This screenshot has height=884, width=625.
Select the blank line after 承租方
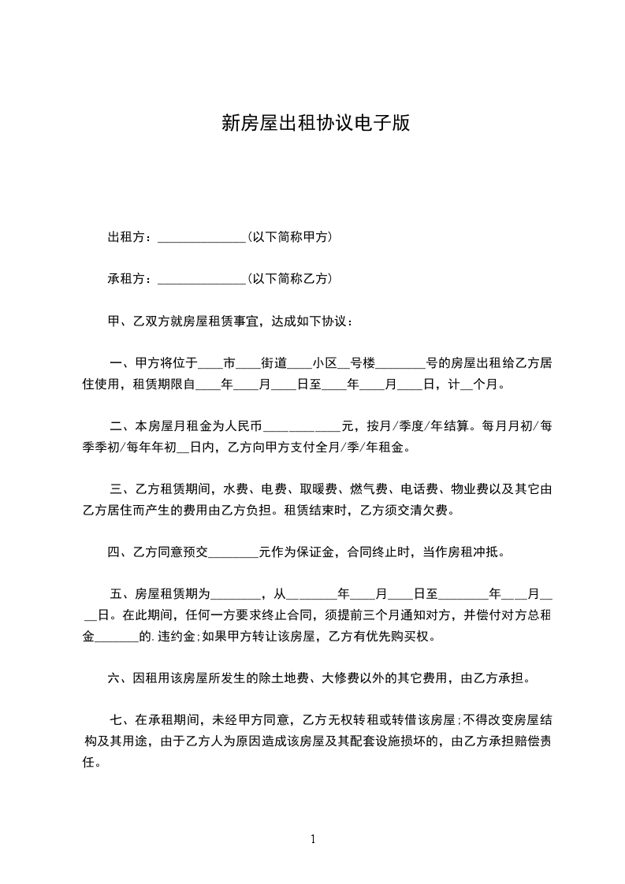pos(202,280)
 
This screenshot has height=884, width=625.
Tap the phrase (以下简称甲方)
pos(289,236)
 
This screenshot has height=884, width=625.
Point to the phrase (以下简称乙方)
pos(289,278)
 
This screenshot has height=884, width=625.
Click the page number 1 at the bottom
pos(313,839)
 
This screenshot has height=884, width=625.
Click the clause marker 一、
pos(121,363)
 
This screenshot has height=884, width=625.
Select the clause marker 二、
pos(121,427)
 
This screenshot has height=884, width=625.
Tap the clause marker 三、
pos(121,489)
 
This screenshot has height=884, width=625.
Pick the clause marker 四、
pos(118,552)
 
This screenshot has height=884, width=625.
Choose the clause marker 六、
pos(118,678)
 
